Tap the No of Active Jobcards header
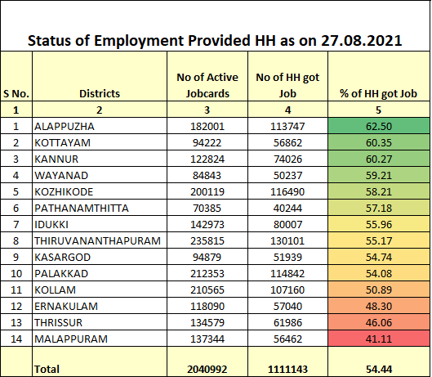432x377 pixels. (x=207, y=85)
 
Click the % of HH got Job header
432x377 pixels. (x=379, y=93)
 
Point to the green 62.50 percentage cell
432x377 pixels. (x=379, y=126)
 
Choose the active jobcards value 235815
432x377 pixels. (x=207, y=240)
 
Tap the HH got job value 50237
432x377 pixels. (x=287, y=174)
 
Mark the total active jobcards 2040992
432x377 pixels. (x=207, y=370)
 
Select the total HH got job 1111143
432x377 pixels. (x=287, y=370)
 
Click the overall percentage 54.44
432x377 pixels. (x=379, y=370)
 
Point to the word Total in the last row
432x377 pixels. (x=47, y=370)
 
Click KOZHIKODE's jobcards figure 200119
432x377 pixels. (x=207, y=191)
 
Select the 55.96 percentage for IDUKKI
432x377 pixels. (x=379, y=223)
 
